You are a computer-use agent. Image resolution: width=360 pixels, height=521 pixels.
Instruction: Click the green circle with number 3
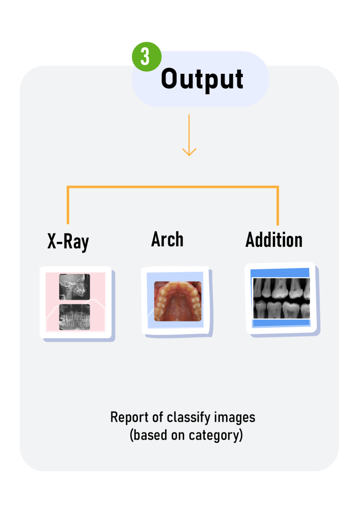point(147,56)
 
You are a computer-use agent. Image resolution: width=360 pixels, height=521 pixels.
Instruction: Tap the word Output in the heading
point(202,79)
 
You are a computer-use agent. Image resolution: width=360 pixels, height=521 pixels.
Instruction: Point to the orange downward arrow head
point(189,152)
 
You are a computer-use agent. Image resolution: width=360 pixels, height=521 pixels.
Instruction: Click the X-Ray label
point(68,242)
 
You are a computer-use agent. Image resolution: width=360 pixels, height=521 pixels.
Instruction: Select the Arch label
point(167,239)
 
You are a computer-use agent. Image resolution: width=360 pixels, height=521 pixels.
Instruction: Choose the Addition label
point(274,240)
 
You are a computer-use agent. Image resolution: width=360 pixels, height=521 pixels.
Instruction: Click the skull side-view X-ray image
point(74,287)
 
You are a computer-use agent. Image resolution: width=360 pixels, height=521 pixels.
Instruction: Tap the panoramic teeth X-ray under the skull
point(74,317)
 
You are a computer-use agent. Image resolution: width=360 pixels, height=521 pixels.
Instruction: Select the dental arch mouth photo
point(178,301)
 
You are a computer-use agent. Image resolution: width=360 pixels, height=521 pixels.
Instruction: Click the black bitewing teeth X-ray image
point(281,298)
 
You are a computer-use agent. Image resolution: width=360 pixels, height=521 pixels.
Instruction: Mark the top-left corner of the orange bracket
point(68,187)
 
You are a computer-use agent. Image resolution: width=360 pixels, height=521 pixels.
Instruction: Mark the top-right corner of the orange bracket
point(278,187)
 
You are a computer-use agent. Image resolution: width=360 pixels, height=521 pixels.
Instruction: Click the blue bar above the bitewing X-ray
point(280,273)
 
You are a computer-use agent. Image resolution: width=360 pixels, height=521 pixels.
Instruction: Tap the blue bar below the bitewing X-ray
point(281,323)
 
